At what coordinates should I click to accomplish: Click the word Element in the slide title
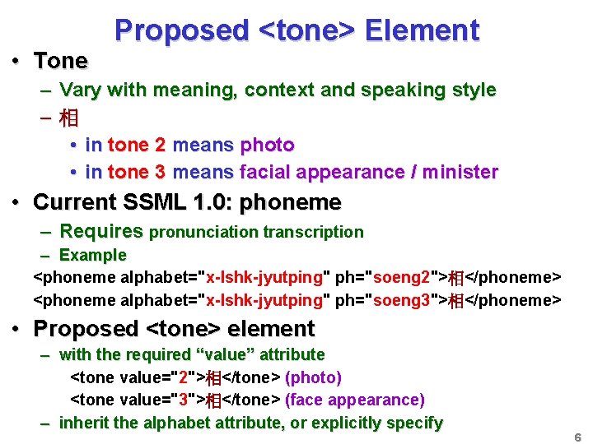pyautogui.click(x=422, y=30)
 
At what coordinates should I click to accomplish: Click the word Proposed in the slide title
pyautogui.click(x=181, y=30)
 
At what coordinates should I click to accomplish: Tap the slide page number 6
pyautogui.click(x=577, y=437)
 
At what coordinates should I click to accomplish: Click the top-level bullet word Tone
pyautogui.click(x=60, y=61)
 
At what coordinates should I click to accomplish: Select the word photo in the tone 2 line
pyautogui.click(x=267, y=146)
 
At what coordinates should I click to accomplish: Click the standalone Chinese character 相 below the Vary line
pyautogui.click(x=69, y=118)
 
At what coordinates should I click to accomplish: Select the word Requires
pyautogui.click(x=101, y=231)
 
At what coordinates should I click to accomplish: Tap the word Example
pyautogui.click(x=93, y=255)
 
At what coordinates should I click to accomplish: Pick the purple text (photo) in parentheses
pyautogui.click(x=313, y=377)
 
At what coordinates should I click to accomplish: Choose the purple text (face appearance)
pyautogui.click(x=354, y=400)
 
